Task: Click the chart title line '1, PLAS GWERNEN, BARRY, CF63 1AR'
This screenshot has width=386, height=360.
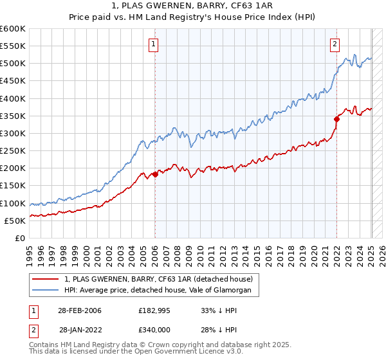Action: coord(193,5)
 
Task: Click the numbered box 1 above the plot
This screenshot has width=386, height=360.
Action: coord(154,44)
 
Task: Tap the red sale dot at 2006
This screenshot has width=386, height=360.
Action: coord(155,174)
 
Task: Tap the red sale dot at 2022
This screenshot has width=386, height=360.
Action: coord(336,119)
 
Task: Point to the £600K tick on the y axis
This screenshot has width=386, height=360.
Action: coord(13,29)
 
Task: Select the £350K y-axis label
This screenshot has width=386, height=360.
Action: coord(13,116)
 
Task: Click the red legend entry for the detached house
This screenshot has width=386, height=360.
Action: coord(160,279)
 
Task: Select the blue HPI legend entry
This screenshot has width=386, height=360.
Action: coord(161,291)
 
